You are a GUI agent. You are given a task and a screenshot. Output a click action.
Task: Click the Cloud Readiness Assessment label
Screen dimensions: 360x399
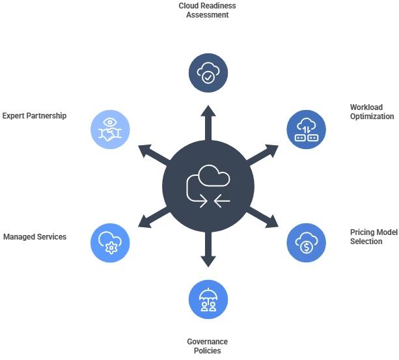click(208, 10)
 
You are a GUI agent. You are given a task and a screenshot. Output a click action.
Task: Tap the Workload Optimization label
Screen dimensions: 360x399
click(372, 112)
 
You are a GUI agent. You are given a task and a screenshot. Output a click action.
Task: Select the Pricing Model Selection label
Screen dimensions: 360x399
click(372, 236)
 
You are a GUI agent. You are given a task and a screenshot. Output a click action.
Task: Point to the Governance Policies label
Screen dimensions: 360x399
click(208, 346)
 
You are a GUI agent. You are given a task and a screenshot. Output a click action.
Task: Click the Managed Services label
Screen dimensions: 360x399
click(34, 237)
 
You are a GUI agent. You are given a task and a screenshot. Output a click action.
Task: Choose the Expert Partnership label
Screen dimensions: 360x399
click(34, 116)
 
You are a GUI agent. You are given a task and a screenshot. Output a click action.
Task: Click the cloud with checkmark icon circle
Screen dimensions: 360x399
click(208, 73)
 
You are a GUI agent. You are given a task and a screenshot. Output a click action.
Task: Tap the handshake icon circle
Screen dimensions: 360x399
click(110, 129)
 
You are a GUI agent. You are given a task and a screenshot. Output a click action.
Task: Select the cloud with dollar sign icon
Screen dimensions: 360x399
click(307, 243)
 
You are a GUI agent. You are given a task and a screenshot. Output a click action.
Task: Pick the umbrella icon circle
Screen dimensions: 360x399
click(208, 299)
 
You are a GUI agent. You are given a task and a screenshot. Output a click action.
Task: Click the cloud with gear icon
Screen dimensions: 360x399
click(110, 243)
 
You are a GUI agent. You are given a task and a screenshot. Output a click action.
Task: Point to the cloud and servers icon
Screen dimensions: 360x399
click(307, 129)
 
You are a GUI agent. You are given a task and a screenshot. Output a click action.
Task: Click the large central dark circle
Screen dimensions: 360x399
click(208, 186)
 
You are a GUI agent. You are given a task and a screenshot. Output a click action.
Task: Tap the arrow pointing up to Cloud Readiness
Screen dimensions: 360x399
click(208, 120)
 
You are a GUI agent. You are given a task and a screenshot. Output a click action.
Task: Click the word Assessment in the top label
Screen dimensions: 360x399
click(208, 15)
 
